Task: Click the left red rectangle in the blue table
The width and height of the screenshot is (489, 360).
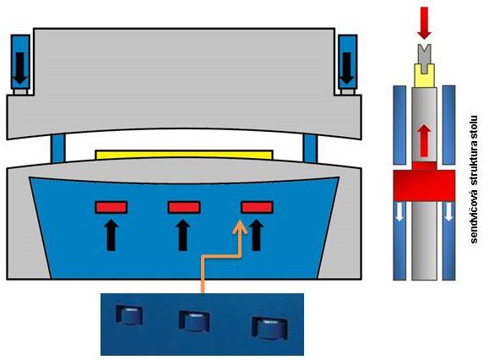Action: [x=111, y=207]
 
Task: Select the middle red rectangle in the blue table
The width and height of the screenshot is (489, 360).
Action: [x=184, y=207]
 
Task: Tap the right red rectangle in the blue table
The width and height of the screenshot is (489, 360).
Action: [x=257, y=207]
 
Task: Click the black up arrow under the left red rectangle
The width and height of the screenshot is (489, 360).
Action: [x=111, y=235]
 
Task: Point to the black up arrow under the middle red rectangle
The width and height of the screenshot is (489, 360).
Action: [x=183, y=235]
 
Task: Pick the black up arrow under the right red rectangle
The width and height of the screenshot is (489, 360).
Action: [x=257, y=235]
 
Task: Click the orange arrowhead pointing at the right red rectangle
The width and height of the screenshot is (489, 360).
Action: [x=240, y=227]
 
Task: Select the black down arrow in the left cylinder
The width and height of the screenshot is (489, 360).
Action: [x=20, y=68]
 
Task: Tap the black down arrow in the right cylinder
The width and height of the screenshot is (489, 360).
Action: [x=347, y=68]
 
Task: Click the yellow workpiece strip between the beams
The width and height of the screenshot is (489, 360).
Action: [x=184, y=155]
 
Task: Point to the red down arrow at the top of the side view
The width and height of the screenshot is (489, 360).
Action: [x=425, y=23]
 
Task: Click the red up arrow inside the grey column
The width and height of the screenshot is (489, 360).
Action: [x=424, y=139]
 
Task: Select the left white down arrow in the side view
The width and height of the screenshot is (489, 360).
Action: [x=400, y=212]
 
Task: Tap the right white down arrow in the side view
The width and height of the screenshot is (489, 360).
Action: [x=448, y=212]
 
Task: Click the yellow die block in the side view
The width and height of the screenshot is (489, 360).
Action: [x=424, y=75]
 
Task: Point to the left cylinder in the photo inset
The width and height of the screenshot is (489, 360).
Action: [x=129, y=315]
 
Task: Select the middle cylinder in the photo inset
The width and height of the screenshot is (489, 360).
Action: [x=194, y=321]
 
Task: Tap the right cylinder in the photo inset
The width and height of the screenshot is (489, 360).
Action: [x=270, y=328]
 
